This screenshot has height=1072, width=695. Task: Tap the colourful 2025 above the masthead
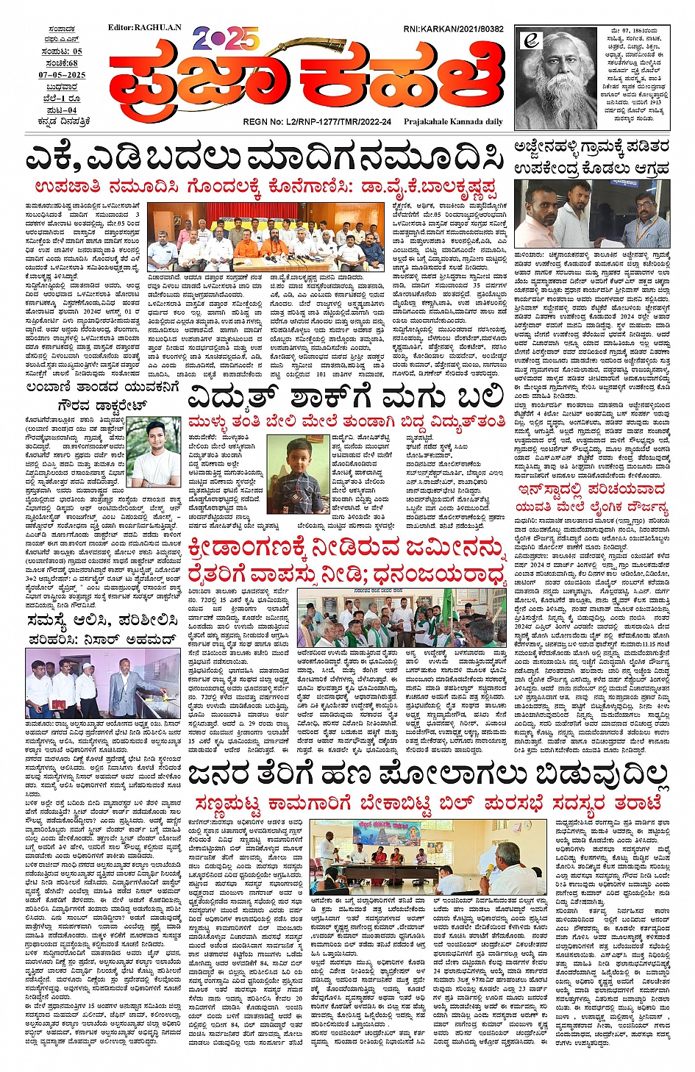225,38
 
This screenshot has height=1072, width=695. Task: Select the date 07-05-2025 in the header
63,75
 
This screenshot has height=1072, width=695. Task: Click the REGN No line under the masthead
316,122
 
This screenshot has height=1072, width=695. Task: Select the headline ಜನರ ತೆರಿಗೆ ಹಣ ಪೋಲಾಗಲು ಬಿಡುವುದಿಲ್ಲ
429,775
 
